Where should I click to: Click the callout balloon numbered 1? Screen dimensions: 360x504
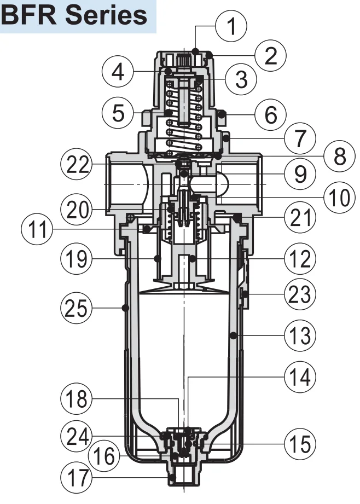(x=231, y=26)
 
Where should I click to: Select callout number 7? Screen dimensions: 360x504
(x=300, y=138)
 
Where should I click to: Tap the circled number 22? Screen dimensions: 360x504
(x=77, y=165)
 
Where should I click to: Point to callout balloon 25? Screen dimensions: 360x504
(x=77, y=308)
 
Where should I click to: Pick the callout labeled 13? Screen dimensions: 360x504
(x=300, y=335)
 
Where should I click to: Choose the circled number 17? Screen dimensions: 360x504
(x=77, y=478)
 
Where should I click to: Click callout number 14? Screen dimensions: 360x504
(x=300, y=376)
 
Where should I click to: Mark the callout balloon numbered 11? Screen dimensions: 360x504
(x=37, y=229)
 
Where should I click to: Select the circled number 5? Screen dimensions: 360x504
(x=118, y=113)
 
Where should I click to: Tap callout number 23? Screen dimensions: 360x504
(x=300, y=294)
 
